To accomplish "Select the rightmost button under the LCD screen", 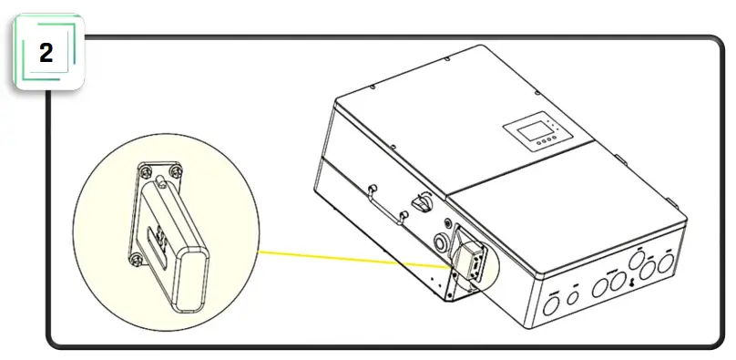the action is (x=555, y=142).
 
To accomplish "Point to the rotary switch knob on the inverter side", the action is (x=421, y=199).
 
